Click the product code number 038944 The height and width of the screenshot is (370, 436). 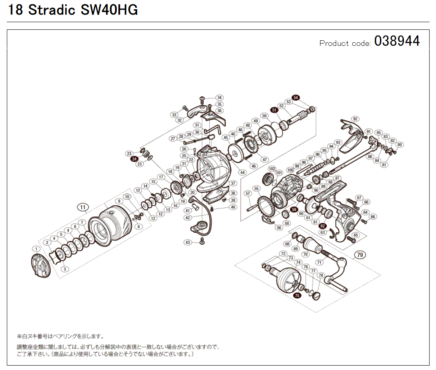(x=397, y=41)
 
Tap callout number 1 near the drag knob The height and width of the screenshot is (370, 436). (x=36, y=248)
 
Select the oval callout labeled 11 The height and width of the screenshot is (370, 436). (x=83, y=207)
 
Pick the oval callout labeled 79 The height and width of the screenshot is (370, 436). (x=360, y=255)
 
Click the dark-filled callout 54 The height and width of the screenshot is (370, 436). (x=296, y=97)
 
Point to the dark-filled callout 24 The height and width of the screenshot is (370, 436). (x=134, y=159)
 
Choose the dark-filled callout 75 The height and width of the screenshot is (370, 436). (x=298, y=296)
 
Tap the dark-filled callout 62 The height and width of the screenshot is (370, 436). (x=323, y=226)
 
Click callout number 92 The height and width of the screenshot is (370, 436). (x=355, y=119)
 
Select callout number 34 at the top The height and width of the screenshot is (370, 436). (x=219, y=98)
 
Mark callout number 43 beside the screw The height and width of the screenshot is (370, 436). (x=188, y=242)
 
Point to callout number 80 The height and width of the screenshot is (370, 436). (x=399, y=145)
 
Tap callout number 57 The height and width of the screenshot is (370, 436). (x=248, y=194)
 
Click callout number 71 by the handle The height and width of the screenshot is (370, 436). (x=320, y=262)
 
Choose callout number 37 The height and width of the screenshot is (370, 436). (x=233, y=183)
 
